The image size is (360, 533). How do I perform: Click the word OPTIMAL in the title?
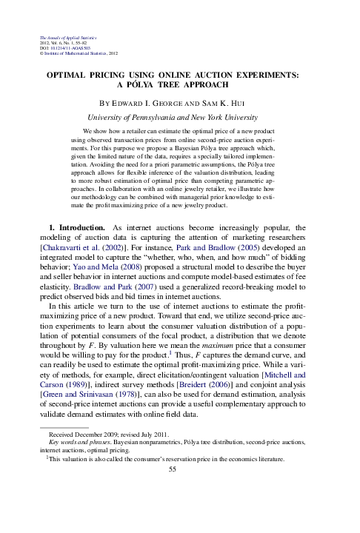70,76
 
